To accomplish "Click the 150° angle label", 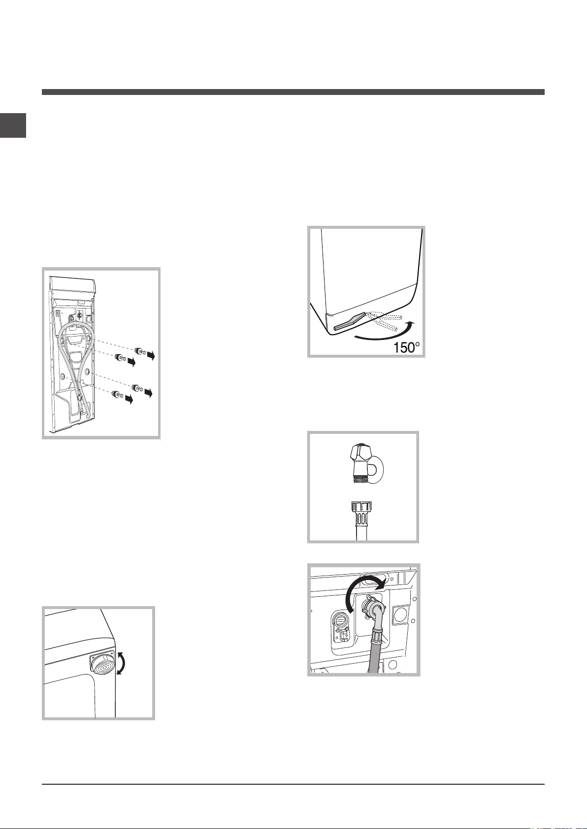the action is (406, 348).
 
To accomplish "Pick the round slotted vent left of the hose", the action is (340, 617).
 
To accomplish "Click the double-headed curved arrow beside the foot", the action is (121, 664).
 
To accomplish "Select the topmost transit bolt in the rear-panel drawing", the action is (140, 350).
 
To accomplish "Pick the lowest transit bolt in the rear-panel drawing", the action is (118, 395).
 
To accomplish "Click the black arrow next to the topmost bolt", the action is (150, 355).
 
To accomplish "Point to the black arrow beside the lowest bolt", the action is (129, 399).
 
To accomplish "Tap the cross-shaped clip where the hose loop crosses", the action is (79, 397).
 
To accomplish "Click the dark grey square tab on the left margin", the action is (13, 125).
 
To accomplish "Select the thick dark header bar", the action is (293, 92).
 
